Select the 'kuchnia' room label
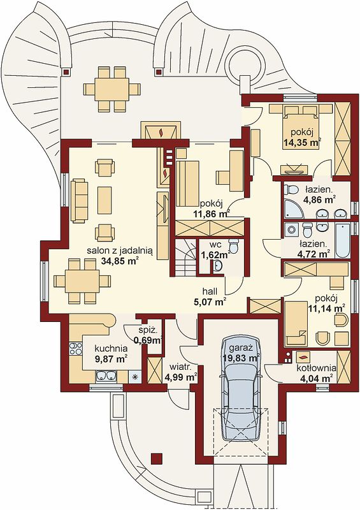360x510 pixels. (111, 349)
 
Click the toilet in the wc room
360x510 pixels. (233, 245)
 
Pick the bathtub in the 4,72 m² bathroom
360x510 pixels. (342, 240)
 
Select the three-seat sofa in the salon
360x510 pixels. (80, 200)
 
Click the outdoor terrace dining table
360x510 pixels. (112, 89)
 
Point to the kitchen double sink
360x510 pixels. (106, 376)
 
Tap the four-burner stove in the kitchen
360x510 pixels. (75, 349)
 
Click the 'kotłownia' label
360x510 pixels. (316, 368)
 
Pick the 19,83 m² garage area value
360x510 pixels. (241, 358)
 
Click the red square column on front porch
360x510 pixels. (157, 458)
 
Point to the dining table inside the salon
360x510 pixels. (82, 280)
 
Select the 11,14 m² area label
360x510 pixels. (326, 307)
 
